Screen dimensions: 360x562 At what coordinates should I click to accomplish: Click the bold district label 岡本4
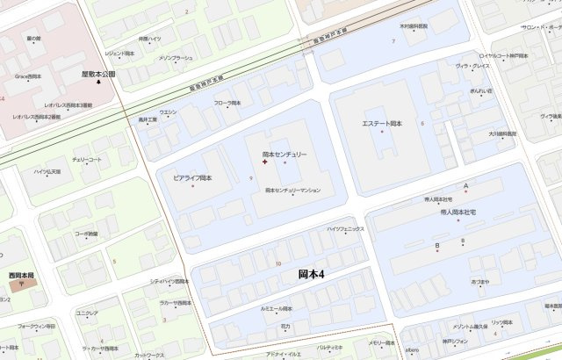click(x=312, y=275)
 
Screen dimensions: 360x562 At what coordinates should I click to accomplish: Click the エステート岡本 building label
click(x=382, y=124)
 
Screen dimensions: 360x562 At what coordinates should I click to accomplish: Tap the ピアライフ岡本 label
click(x=192, y=178)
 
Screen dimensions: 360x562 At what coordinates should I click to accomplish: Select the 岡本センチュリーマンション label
click(x=293, y=190)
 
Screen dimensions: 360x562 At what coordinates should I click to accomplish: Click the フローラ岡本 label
click(x=227, y=103)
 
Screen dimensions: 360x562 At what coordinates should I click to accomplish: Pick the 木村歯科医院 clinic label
click(x=414, y=26)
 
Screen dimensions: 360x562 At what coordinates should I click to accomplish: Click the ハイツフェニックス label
click(x=345, y=229)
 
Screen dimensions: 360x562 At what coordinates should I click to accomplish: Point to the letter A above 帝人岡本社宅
click(x=466, y=186)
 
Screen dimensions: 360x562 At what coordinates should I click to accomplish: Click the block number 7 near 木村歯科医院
click(x=393, y=41)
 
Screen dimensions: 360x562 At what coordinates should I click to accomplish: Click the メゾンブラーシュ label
click(x=176, y=58)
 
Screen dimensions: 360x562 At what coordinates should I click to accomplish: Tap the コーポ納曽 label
click(x=86, y=234)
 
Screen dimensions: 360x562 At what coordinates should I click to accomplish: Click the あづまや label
click(x=479, y=281)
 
